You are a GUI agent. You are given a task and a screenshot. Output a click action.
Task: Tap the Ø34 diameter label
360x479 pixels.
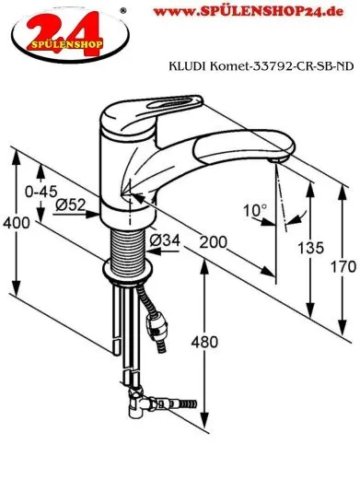coord(165,240)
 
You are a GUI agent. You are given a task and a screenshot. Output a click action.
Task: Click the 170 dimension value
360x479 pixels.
coord(343,266)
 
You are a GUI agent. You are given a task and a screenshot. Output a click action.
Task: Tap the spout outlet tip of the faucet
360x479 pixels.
coord(273,160)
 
